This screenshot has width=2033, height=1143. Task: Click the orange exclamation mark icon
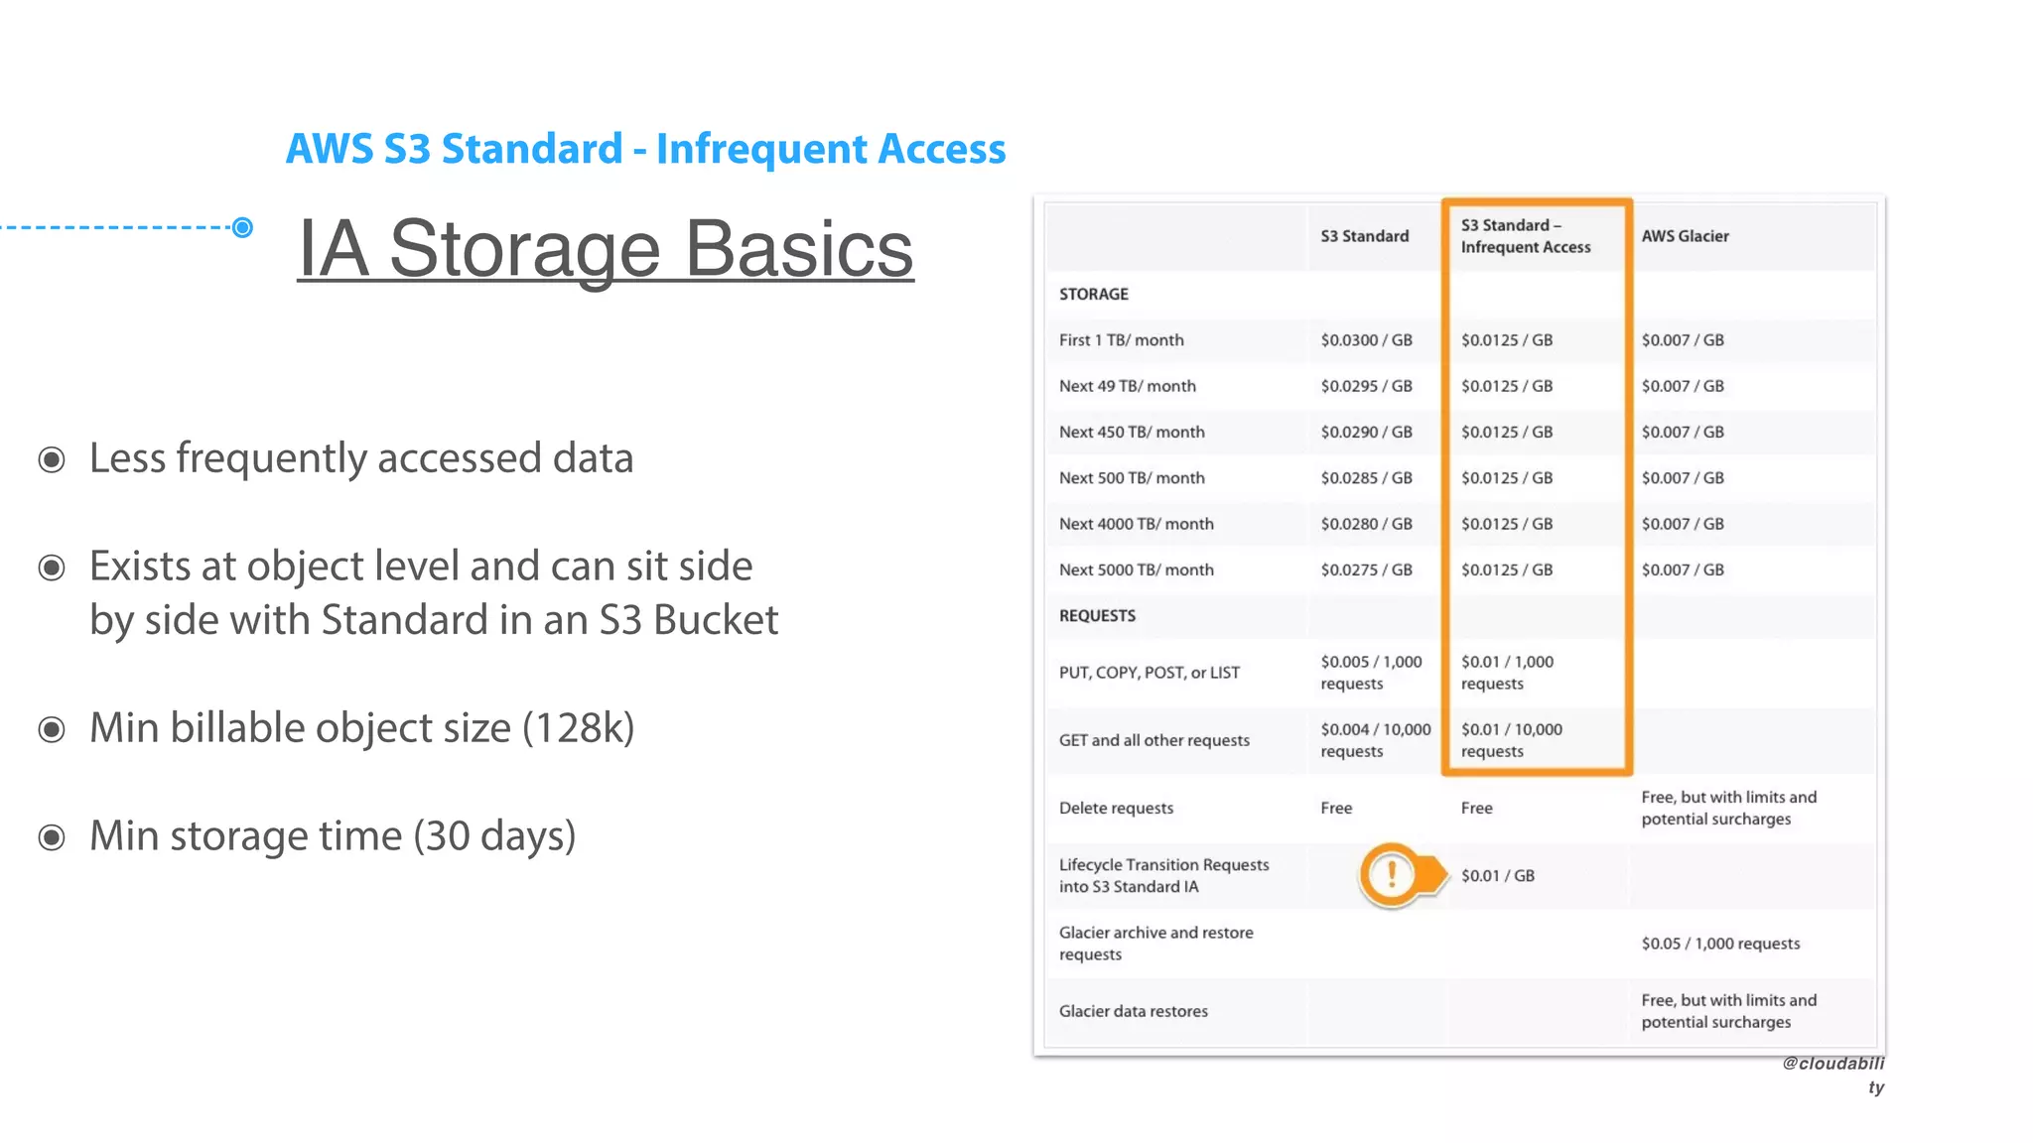[x=1392, y=874]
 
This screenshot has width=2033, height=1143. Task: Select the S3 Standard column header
[x=1364, y=236]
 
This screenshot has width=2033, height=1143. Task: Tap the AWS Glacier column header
[x=1685, y=236]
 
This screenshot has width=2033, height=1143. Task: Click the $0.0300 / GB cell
[x=1366, y=340]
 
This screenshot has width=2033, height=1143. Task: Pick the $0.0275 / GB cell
[x=1366, y=570]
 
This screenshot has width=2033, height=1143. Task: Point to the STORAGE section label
[x=1093, y=294]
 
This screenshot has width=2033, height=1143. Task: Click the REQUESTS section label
[x=1097, y=615]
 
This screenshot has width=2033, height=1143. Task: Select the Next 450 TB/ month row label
[x=1132, y=432]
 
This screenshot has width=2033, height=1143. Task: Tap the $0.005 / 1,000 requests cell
[x=1371, y=672]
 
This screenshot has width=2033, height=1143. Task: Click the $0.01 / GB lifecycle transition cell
[x=1497, y=875]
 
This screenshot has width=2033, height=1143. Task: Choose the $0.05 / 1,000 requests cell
[x=1720, y=944]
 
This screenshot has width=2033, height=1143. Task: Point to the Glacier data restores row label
[x=1133, y=1011]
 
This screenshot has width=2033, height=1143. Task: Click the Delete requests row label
[x=1116, y=808]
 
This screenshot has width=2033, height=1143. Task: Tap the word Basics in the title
[x=798, y=248]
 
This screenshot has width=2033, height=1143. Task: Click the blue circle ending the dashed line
[x=242, y=227]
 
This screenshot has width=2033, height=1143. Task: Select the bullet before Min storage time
[x=52, y=837]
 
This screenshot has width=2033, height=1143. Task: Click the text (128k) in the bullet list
[x=578, y=727]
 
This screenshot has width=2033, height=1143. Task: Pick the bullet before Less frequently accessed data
[x=52, y=459]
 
